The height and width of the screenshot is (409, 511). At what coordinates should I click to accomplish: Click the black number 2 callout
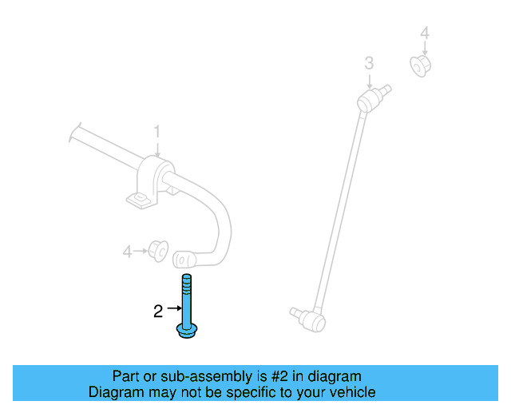tap(158, 312)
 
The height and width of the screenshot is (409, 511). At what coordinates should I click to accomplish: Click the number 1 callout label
tap(157, 132)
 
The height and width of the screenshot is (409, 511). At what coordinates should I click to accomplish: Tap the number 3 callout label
tap(369, 63)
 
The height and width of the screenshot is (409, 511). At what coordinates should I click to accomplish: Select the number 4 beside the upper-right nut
tap(425, 34)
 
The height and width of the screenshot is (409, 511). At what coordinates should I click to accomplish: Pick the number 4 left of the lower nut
tap(128, 252)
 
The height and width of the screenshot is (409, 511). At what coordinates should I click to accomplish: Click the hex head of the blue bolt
tap(187, 331)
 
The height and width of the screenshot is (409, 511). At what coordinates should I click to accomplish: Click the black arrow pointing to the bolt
tap(174, 308)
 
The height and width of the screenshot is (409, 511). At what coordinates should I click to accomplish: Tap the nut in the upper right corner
tap(421, 66)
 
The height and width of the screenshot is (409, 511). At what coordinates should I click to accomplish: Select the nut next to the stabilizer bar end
tap(158, 251)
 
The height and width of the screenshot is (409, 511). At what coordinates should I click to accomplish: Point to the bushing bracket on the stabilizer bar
tap(151, 183)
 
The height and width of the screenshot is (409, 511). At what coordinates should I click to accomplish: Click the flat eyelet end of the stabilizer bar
tap(184, 260)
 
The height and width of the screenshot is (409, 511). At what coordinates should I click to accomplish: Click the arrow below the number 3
tap(369, 81)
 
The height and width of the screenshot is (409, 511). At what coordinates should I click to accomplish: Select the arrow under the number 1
tap(157, 149)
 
